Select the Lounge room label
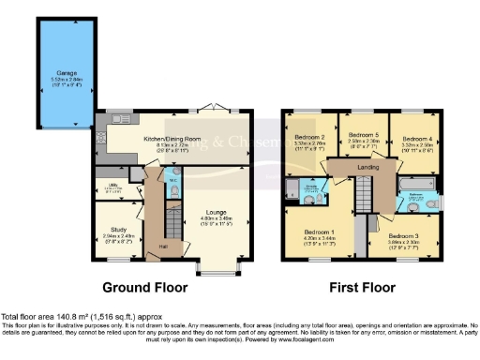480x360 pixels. click(x=218, y=213)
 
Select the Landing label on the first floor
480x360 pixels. click(x=367, y=167)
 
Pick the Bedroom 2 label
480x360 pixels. click(x=309, y=138)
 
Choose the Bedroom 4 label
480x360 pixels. click(x=413, y=138)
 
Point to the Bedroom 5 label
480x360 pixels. click(x=361, y=138)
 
